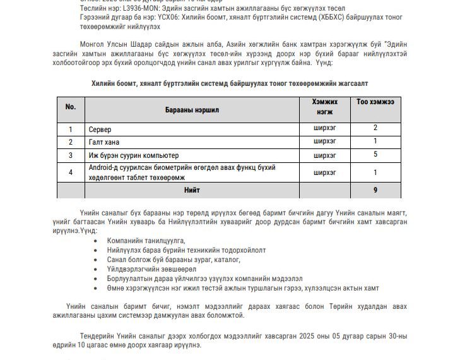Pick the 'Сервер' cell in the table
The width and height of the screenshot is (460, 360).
100,129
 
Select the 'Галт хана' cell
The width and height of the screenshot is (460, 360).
104,142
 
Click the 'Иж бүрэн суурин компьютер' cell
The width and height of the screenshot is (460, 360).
134,155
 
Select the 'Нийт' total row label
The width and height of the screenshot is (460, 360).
192,190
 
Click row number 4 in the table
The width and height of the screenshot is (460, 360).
71,172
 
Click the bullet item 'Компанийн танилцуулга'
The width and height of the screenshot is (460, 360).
146,241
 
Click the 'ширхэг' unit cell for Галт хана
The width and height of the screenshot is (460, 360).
325,141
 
